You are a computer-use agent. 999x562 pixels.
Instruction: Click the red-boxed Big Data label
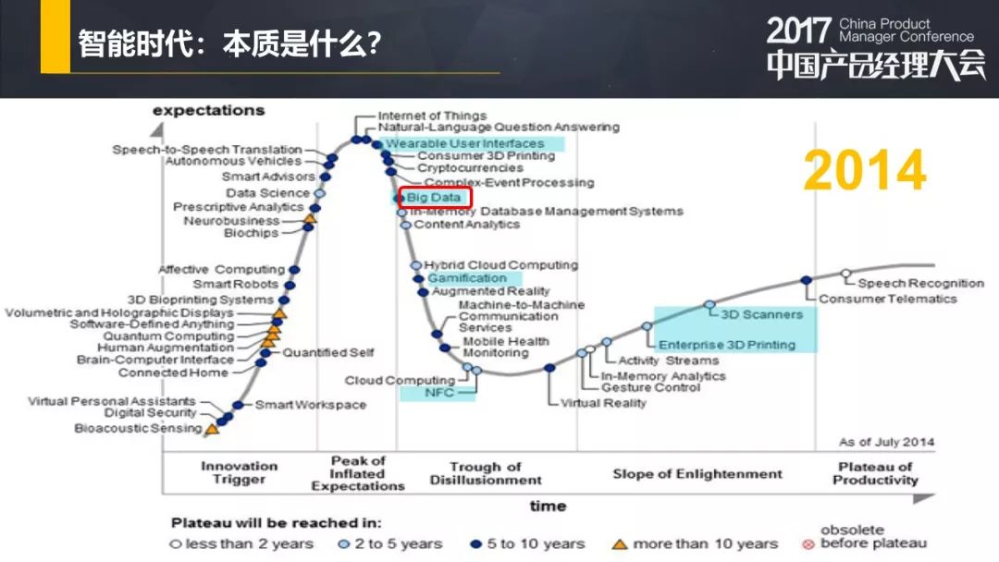433,197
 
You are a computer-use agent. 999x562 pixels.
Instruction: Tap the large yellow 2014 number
865,170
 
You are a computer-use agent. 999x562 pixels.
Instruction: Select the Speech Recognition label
920,283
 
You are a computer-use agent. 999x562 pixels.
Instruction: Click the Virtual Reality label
603,403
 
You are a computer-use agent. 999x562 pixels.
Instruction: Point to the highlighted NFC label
439,393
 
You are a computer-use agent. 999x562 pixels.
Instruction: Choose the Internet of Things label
432,116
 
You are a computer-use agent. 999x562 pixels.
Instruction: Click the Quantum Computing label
169,336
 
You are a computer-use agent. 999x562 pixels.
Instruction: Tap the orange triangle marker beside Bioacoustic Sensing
212,429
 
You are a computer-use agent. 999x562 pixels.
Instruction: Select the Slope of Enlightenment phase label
697,474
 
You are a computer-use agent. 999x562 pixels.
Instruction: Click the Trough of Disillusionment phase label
486,473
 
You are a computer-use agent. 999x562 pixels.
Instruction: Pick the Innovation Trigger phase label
239,473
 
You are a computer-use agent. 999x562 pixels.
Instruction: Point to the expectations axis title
208,110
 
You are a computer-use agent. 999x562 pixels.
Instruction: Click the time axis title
548,506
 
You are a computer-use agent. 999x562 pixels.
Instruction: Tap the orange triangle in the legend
619,544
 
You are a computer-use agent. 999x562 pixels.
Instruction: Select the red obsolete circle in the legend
808,544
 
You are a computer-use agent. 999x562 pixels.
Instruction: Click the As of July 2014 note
886,442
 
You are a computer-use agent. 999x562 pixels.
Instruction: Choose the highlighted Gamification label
467,278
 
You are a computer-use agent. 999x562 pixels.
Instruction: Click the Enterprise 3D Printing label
727,345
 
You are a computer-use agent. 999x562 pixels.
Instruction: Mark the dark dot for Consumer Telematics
806,280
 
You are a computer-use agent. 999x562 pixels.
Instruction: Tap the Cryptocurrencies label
470,168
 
